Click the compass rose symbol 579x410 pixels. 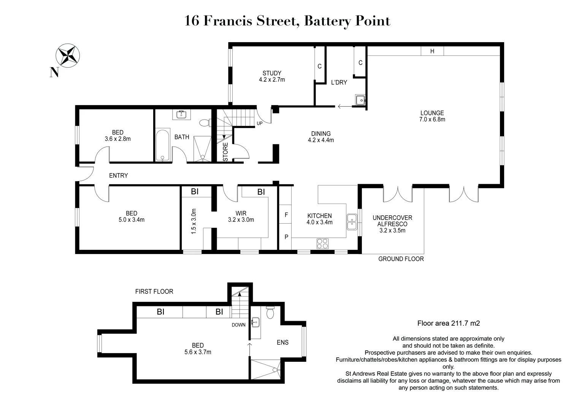pyautogui.click(x=67, y=55)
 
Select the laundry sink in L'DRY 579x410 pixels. pyautogui.click(x=360, y=100)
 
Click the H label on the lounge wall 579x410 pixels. pyautogui.click(x=432, y=51)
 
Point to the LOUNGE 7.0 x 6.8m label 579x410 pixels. pyautogui.click(x=432, y=116)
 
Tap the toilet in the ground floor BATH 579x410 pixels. pyautogui.click(x=205, y=123)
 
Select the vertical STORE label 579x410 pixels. pyautogui.click(x=225, y=152)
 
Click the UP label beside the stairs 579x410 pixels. pyautogui.click(x=260, y=123)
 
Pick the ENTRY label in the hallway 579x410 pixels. pyautogui.click(x=118, y=175)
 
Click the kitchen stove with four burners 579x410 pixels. pyautogui.click(x=322, y=243)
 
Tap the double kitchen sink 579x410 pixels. pyautogui.click(x=352, y=222)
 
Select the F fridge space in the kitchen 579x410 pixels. pyautogui.click(x=286, y=215)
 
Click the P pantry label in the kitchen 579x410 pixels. pyautogui.click(x=286, y=237)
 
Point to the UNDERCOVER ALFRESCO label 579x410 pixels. pyautogui.click(x=392, y=221)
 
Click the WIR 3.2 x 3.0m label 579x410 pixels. pyautogui.click(x=241, y=216)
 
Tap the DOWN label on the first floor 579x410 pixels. pyautogui.click(x=239, y=325)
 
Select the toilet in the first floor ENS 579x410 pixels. pyautogui.click(x=270, y=313)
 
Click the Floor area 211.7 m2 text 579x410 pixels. pyautogui.click(x=448, y=323)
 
